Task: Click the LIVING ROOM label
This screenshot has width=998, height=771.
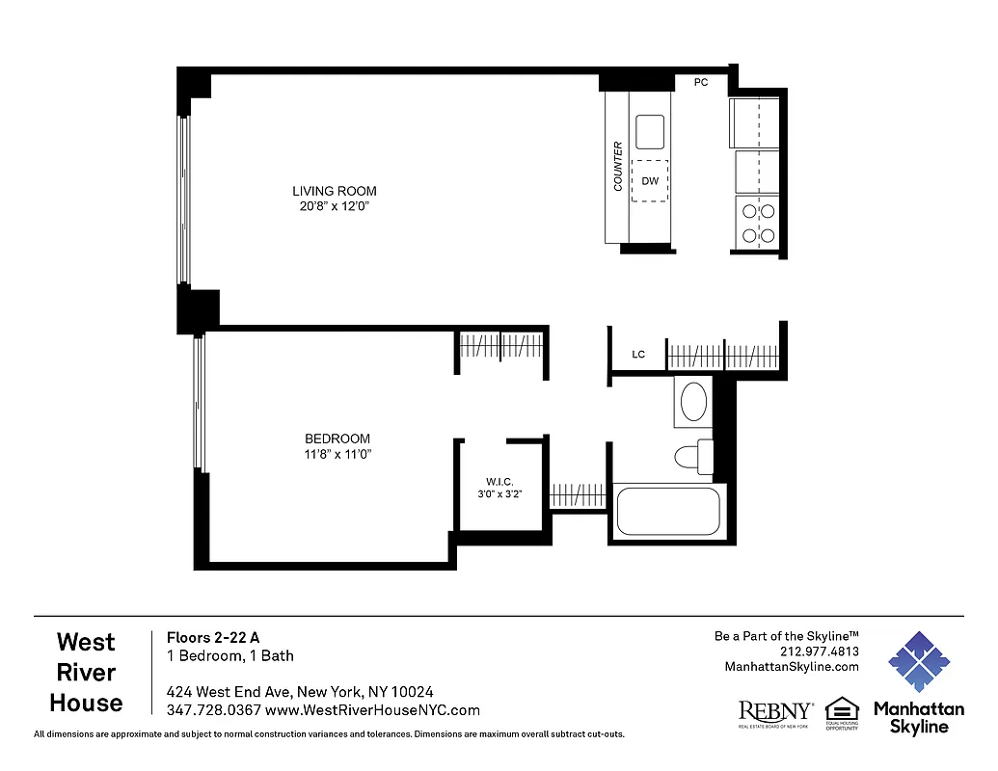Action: tap(335, 191)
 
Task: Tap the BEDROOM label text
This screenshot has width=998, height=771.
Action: tap(337, 439)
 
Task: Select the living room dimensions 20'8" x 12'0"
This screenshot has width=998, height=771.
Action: tap(335, 206)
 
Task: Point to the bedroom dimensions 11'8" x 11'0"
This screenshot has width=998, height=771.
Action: tap(337, 454)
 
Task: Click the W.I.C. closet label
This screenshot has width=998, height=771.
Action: tap(499, 482)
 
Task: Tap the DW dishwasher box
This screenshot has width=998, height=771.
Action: tap(650, 181)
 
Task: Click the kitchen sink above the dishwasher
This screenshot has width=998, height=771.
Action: tap(650, 132)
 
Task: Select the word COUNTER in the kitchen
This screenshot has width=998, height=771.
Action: tap(618, 167)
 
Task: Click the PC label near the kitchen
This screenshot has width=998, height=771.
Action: tap(701, 83)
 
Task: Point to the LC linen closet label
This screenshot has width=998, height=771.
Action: tap(638, 355)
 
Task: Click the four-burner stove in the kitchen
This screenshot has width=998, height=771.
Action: tap(757, 223)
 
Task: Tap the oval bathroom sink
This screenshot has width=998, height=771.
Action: tap(692, 402)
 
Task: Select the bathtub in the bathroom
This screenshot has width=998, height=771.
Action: tap(668, 512)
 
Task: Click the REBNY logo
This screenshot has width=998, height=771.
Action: tap(775, 712)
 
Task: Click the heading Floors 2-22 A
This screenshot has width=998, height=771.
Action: tap(213, 637)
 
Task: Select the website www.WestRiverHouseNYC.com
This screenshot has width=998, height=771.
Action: tap(372, 710)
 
